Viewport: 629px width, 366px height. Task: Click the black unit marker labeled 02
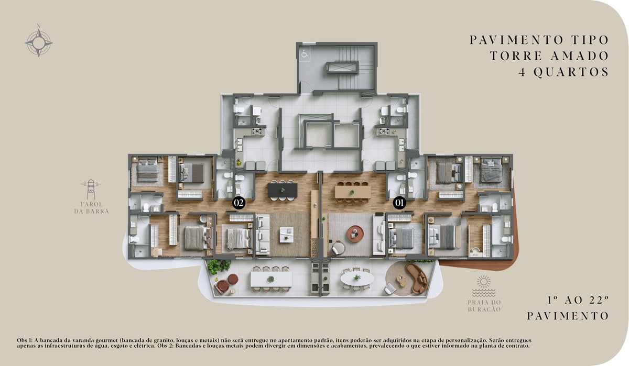click(x=238, y=203)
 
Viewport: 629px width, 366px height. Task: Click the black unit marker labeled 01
click(x=399, y=203)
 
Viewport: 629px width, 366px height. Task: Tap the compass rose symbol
click(x=39, y=42)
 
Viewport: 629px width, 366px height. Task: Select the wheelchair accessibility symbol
click(x=305, y=53)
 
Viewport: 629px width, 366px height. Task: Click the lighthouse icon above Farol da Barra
click(x=91, y=190)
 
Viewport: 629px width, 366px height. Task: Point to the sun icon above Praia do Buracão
click(x=483, y=282)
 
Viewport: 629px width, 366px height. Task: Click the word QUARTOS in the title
click(x=571, y=72)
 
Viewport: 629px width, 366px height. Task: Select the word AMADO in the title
click(x=579, y=56)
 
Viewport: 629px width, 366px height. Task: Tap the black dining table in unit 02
click(x=283, y=190)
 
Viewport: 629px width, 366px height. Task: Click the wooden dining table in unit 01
click(x=353, y=192)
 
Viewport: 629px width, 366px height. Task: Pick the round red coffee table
click(x=355, y=234)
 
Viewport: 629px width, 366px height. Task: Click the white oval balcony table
click(x=357, y=279)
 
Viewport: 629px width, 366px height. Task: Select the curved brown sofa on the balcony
click(x=417, y=278)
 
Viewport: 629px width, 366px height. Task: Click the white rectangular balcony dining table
click(x=272, y=279)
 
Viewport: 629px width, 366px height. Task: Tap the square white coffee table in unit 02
click(x=287, y=235)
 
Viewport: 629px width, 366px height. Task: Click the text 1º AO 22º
click(x=578, y=301)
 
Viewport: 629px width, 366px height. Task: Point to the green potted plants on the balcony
click(x=219, y=266)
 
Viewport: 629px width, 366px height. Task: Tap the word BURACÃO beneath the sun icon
click(x=484, y=309)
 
